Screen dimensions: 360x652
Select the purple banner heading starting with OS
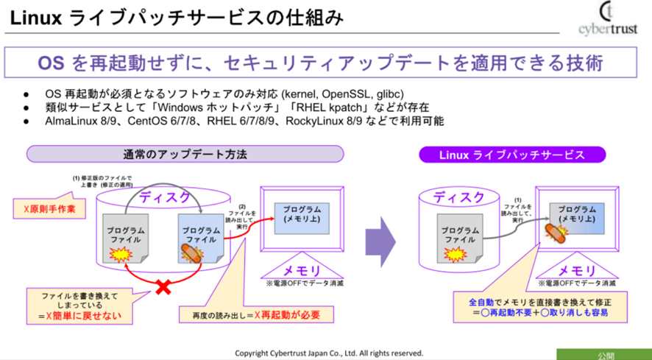click(320, 63)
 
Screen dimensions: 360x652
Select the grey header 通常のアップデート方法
click(185, 155)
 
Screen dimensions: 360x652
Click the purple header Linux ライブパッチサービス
click(512, 155)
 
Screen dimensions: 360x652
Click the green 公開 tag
click(606, 355)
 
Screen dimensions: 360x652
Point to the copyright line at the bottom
click(329, 353)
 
